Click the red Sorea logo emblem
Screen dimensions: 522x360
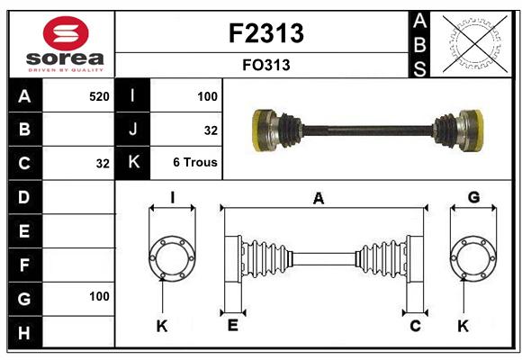[x=66, y=33]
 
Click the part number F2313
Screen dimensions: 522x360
[x=266, y=33]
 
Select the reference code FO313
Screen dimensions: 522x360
[x=266, y=65]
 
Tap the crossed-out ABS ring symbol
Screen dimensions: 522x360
[x=475, y=44]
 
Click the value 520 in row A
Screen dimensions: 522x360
[x=99, y=96]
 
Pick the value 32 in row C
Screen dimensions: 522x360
[x=103, y=164]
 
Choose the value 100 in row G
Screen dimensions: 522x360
[x=99, y=296]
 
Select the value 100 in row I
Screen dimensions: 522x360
[x=207, y=96]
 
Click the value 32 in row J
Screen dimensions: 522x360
[x=211, y=130]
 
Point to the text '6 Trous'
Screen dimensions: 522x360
[x=195, y=162]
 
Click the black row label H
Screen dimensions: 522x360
[x=24, y=333]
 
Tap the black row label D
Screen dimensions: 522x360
[x=24, y=197]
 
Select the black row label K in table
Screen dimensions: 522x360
[x=133, y=162]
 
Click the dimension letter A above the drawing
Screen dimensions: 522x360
[x=319, y=199]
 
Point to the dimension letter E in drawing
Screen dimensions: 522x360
[x=233, y=325]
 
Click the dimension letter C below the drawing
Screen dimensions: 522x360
[x=415, y=326]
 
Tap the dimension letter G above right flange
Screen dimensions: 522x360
[x=473, y=197]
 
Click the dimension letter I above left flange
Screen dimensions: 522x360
[x=173, y=197]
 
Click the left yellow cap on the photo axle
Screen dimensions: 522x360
[x=257, y=130]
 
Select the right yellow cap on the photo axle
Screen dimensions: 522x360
[x=478, y=130]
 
